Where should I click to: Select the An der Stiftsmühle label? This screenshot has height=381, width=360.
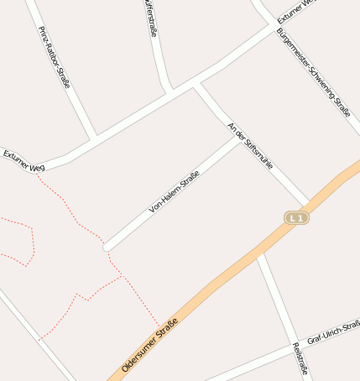pos(250,146)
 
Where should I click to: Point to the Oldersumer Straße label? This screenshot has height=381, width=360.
pos(150,345)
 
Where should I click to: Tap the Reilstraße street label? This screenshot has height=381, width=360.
pos(300,359)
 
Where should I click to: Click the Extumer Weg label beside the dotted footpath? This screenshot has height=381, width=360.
pos(23,161)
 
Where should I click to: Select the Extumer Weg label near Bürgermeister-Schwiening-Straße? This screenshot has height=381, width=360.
pos(297,11)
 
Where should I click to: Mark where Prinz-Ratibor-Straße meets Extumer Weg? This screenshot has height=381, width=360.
pos(93,137)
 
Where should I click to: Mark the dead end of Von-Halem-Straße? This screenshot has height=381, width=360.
pos(107,248)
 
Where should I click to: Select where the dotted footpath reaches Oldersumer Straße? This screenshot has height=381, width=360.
pos(159,326)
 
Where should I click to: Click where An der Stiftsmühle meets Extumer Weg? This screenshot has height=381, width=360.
pos(196,84)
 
